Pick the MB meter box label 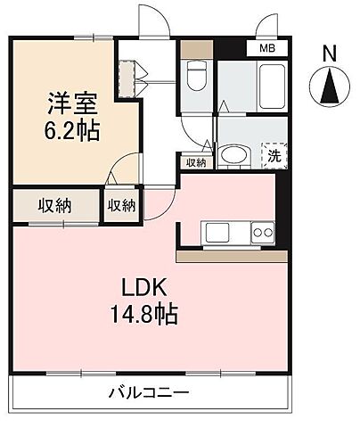click(x=266, y=49)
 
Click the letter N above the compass click(x=329, y=53)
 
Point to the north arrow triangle click(x=329, y=87)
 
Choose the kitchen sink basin click(x=217, y=233)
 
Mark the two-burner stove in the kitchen click(x=262, y=233)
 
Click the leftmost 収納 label click(x=54, y=206)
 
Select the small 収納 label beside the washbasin click(x=196, y=162)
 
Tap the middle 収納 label click(x=122, y=206)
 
